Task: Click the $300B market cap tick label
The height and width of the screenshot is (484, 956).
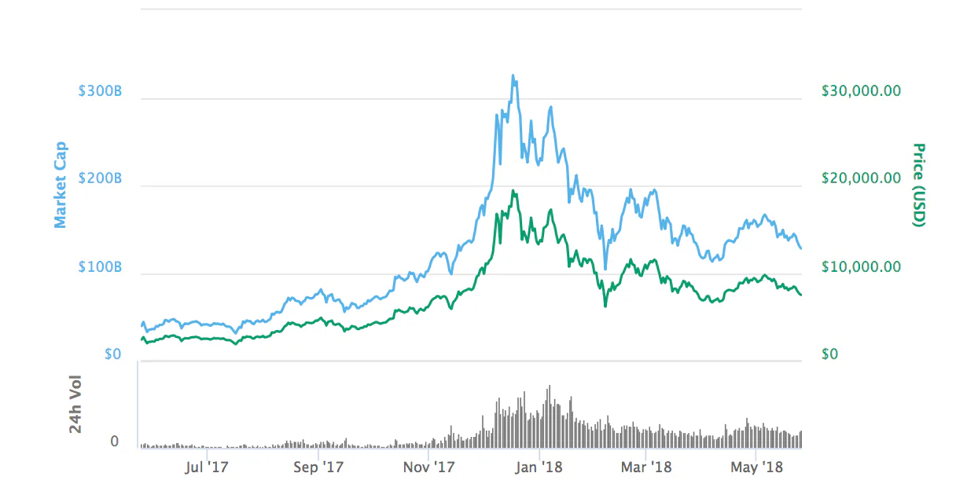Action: click(x=99, y=91)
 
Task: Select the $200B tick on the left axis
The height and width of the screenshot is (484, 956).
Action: click(x=99, y=179)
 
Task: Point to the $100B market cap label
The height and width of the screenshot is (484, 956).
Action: click(x=99, y=267)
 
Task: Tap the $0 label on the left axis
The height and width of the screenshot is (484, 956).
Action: click(x=113, y=354)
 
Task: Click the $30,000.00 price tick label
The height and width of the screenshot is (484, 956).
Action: click(x=861, y=91)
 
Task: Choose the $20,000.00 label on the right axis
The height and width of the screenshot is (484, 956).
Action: click(x=861, y=179)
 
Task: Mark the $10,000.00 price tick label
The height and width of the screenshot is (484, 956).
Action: click(x=861, y=267)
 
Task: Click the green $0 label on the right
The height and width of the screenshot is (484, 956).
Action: click(x=829, y=354)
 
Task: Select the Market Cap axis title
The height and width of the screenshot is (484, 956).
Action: click(x=61, y=185)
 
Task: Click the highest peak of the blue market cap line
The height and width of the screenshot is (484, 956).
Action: click(x=513, y=76)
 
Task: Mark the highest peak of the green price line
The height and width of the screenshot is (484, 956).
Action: click(x=513, y=191)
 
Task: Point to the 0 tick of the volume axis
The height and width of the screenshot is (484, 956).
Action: click(x=115, y=442)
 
